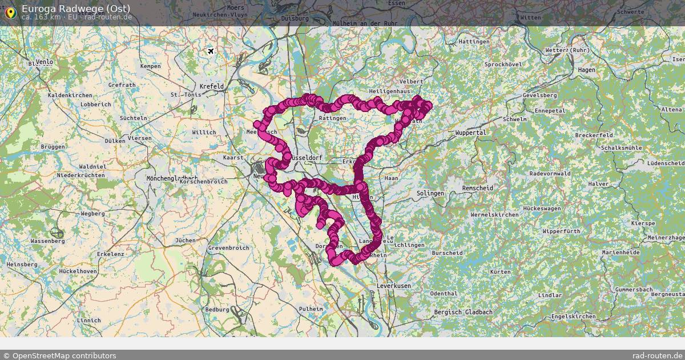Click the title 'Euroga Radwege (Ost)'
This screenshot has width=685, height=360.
point(76,8)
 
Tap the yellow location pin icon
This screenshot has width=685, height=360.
point(10,12)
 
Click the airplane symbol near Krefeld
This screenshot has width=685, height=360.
point(211,51)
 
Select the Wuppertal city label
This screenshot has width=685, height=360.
point(470,133)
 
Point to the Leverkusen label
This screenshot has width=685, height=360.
point(394,285)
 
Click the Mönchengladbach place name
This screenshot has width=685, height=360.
point(172,178)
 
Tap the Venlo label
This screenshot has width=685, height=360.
point(44,62)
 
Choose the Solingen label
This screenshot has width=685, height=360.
point(430,193)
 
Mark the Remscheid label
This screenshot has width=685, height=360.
point(478,188)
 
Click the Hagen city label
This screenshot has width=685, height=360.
point(586,70)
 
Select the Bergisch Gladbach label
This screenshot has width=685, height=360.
point(463,312)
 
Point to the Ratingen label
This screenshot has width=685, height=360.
point(333,118)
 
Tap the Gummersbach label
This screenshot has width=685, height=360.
point(634,290)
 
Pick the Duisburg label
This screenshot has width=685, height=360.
point(295,18)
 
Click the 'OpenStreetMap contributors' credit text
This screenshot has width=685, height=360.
point(63,355)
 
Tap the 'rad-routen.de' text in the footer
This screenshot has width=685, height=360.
point(657,355)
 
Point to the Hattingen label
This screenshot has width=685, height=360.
point(474,42)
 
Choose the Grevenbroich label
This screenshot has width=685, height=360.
point(228,248)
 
